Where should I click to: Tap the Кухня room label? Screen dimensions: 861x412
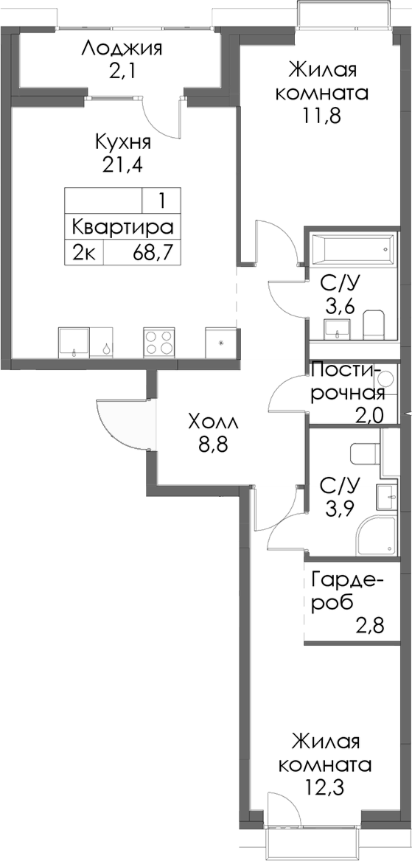coord(123,142)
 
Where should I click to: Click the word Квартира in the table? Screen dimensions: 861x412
coord(122,226)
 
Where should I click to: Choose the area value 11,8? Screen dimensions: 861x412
coord(323,115)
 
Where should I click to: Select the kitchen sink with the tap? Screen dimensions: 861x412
coord(74,343)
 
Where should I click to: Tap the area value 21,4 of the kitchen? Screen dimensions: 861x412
coord(123,163)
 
